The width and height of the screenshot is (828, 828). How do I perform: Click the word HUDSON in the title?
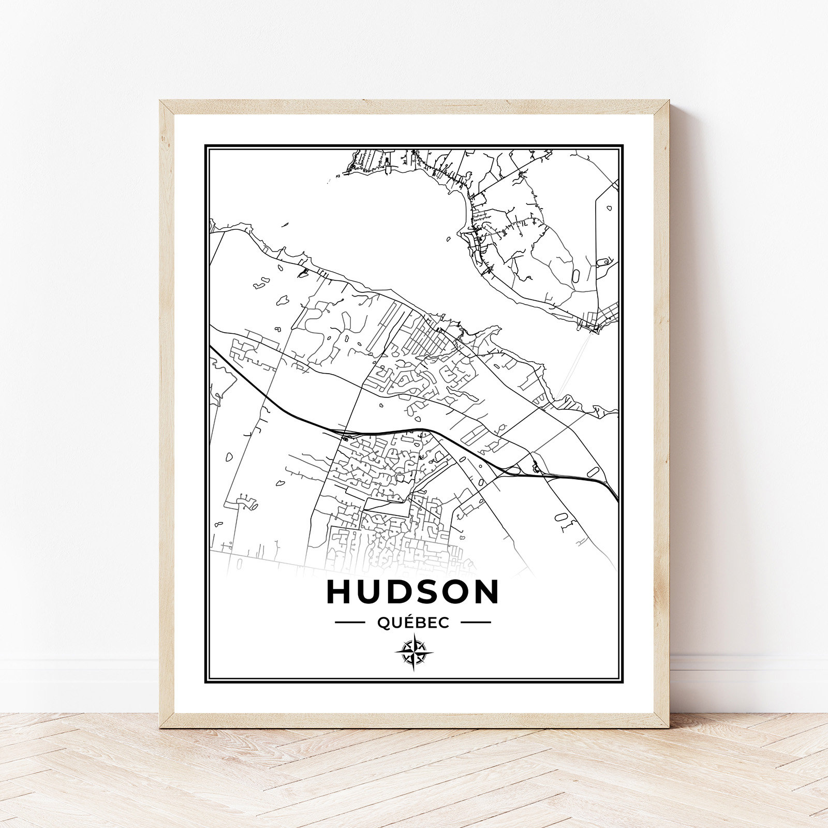[412, 592]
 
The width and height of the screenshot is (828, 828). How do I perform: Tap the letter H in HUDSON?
[339, 592]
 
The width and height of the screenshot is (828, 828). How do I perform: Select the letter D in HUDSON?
[398, 592]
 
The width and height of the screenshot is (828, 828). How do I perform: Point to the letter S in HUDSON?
[426, 592]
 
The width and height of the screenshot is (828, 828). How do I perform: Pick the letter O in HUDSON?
[455, 592]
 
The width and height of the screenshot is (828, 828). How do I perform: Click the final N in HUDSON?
[486, 592]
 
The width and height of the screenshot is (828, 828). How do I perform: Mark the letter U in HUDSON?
[368, 592]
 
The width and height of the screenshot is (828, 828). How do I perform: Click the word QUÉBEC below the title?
[413, 623]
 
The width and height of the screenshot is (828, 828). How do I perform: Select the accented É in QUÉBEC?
[408, 623]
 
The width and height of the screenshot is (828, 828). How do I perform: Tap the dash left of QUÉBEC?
[350, 623]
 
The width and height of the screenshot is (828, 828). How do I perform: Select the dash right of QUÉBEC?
[476, 623]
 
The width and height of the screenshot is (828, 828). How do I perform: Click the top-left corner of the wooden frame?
[160, 101]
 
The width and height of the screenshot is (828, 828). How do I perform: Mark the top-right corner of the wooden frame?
[668, 102]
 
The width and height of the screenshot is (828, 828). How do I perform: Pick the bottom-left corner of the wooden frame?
[161, 727]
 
